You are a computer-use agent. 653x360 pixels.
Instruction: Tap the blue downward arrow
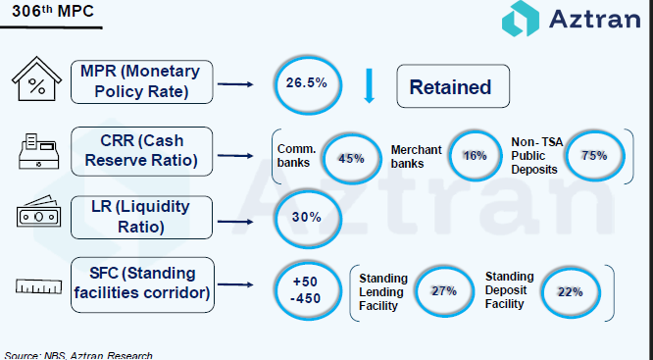369,86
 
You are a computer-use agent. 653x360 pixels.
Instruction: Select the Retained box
453,86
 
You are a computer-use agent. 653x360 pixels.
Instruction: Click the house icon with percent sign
36,78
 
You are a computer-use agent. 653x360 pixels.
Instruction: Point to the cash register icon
38,151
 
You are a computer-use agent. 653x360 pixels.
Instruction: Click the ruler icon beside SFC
39,286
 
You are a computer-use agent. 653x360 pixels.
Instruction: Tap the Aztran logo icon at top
521,19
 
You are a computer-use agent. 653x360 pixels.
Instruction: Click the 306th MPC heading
53,11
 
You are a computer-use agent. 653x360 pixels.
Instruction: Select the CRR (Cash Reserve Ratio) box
141,151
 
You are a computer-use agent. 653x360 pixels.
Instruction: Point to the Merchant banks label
416,156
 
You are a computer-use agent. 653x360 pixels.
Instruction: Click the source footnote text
78,355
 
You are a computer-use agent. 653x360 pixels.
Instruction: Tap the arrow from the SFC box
235,284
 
